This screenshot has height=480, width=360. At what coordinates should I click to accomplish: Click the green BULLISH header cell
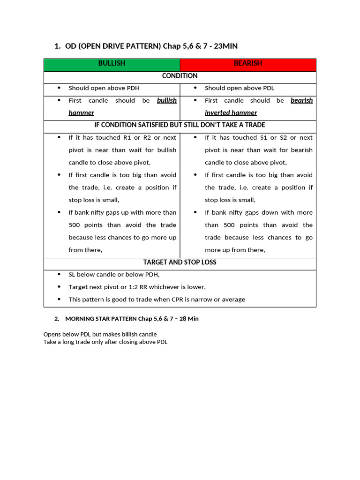point(112,63)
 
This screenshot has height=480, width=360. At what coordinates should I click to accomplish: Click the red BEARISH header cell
point(247,63)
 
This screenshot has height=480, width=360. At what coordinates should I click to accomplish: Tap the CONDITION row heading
point(180,76)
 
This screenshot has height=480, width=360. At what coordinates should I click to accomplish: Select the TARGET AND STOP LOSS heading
point(180,262)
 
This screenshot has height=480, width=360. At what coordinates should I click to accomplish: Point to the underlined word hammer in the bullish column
point(81,113)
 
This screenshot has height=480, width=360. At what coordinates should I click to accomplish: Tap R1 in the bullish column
point(123,138)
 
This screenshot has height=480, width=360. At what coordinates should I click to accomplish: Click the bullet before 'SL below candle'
point(59,275)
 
